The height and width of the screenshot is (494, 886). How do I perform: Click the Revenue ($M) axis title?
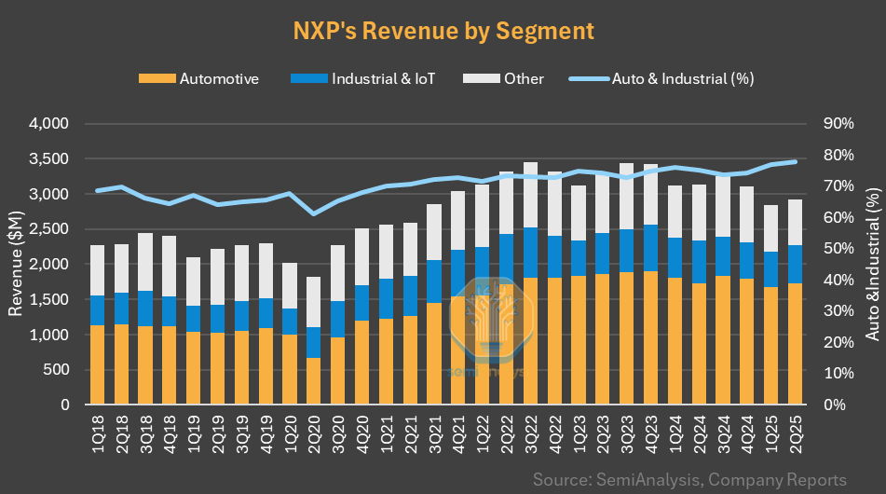click(x=16, y=264)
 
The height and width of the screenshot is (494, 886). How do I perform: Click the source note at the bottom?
click(x=689, y=479)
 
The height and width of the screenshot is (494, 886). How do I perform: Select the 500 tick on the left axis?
click(x=57, y=370)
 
